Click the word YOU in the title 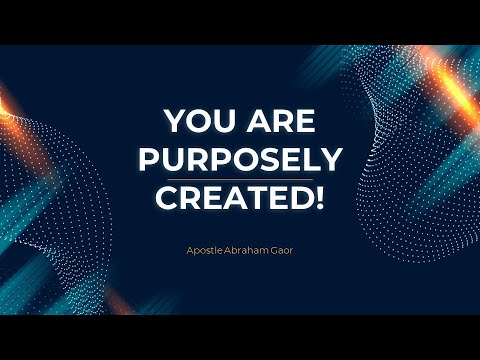(196, 122)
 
